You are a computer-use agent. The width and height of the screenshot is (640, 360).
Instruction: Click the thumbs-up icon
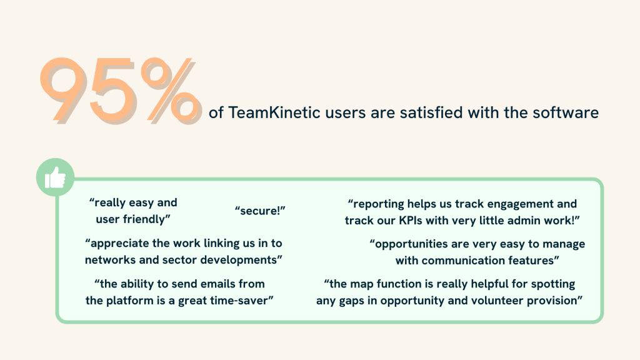click(55, 177)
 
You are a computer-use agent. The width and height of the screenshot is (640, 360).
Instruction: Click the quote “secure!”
click(260, 211)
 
